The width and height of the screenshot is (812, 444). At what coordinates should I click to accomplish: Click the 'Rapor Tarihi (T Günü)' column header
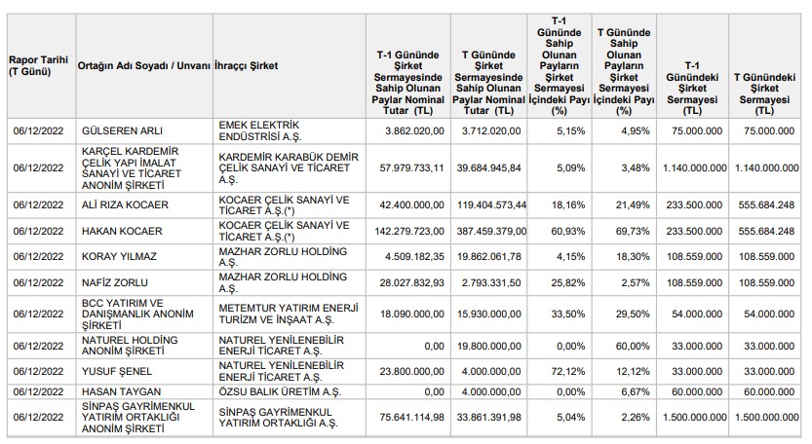tap(38, 65)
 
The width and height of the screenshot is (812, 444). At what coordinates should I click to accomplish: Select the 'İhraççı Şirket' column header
tap(246, 65)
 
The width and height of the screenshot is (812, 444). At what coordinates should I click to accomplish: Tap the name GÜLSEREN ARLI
tap(122, 130)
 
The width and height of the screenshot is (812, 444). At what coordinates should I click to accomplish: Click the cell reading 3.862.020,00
tap(414, 130)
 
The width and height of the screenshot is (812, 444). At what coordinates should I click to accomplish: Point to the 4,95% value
tap(636, 130)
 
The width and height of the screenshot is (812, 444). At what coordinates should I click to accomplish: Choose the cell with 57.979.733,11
tap(411, 168)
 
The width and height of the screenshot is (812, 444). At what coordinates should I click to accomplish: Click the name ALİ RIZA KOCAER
tap(125, 204)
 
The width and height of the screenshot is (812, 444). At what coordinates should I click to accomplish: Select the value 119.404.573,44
tap(491, 204)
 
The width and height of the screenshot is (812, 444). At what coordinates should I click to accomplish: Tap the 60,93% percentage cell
tap(568, 231)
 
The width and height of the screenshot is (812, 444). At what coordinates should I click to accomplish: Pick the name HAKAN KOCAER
tap(122, 231)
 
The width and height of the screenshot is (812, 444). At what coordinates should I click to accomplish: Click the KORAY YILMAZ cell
tap(119, 257)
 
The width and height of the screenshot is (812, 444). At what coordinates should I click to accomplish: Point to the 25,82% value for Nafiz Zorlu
tap(568, 282)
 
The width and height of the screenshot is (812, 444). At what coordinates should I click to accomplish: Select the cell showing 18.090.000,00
tap(411, 314)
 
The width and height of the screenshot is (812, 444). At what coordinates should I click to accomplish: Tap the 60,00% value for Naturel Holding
tap(633, 347)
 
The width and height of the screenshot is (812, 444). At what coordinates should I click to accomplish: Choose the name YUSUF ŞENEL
tap(117, 372)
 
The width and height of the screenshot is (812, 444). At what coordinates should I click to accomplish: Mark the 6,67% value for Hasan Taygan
tap(636, 391)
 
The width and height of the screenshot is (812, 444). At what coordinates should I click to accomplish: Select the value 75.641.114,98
tap(411, 417)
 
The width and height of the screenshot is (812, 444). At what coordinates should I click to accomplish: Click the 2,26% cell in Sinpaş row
tap(636, 417)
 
